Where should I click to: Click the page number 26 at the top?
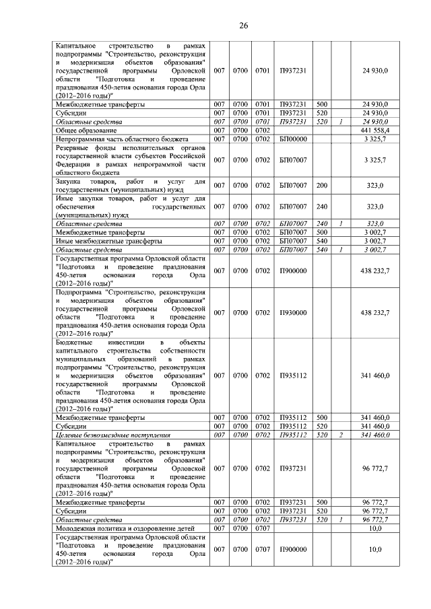[x=244, y=26]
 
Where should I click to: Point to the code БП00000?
[x=293, y=138]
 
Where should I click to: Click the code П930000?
[x=293, y=313]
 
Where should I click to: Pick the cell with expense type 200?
[x=322, y=184]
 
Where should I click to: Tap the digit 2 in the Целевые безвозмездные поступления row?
[x=341, y=435]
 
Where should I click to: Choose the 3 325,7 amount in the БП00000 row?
[x=376, y=138]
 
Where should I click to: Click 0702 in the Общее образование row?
[x=263, y=129]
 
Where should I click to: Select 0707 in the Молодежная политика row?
[x=263, y=529]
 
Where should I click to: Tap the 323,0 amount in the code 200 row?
[x=376, y=184]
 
